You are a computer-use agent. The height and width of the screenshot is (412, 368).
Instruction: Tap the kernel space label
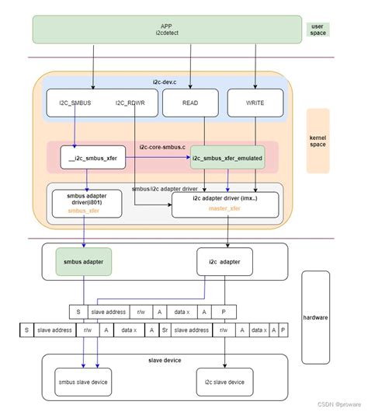pos(318,141)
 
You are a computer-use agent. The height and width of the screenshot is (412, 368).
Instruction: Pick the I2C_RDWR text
pos(130,103)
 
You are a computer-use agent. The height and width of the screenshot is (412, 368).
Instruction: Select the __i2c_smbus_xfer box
pos(92,158)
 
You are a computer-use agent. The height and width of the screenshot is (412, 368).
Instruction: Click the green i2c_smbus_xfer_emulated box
pos(227,158)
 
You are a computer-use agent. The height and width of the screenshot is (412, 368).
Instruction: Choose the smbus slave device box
pos(83,382)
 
